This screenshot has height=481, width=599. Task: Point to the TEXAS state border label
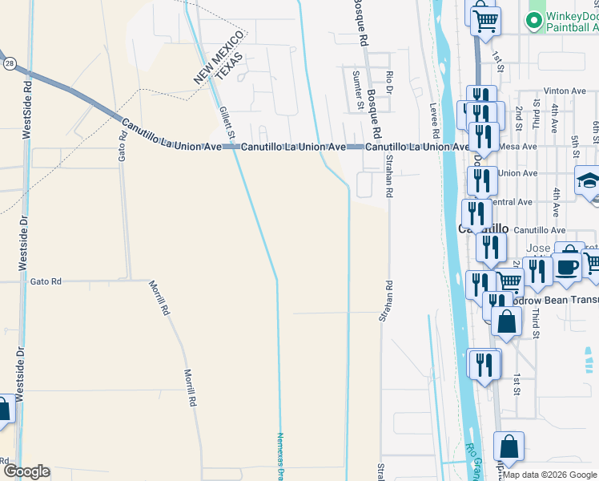point(230,67)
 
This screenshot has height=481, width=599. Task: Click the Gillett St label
point(227,114)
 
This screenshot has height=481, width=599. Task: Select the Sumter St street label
point(357,87)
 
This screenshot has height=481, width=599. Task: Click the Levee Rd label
point(435,117)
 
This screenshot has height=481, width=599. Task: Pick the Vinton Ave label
point(565,91)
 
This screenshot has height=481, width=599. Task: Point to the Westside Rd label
point(27,109)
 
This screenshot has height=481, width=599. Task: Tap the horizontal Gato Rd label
point(45,281)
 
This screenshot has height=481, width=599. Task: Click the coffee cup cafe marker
point(567,267)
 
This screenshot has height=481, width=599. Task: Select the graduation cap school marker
point(589,180)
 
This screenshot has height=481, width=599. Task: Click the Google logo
point(26,471)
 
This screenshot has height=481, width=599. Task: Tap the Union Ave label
point(518,173)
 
